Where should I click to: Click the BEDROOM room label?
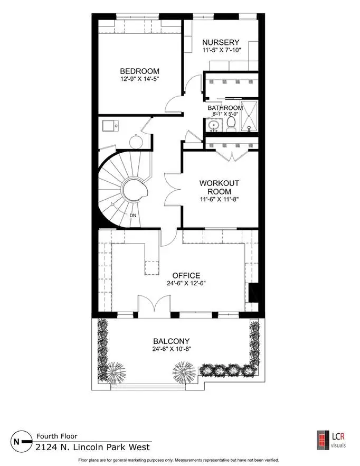139,71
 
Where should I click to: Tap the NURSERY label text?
221,42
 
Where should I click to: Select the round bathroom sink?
214,125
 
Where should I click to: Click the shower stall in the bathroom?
249,116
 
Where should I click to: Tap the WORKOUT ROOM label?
219,187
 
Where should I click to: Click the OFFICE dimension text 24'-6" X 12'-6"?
186,283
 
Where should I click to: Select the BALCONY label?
172,341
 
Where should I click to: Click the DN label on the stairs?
133,215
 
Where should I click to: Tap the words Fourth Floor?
56,436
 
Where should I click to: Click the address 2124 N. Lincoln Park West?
93,448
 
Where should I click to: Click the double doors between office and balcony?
154,303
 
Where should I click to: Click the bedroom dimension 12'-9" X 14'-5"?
139,79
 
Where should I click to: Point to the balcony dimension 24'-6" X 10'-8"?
172,349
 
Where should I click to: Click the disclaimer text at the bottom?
178,460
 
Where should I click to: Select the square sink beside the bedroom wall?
110,126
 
